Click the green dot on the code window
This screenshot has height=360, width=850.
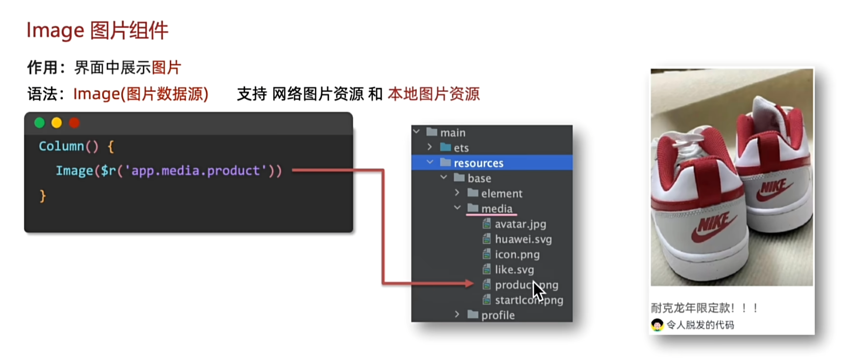(x=40, y=123)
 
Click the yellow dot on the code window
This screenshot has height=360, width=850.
(x=57, y=123)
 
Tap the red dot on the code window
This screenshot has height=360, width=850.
(x=74, y=123)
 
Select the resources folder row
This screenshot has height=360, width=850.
(x=478, y=163)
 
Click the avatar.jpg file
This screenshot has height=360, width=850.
(x=520, y=224)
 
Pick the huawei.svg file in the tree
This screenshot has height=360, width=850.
(x=523, y=239)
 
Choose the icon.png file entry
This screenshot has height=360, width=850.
(x=517, y=255)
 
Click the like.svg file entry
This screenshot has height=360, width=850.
(x=514, y=270)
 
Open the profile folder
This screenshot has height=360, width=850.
(x=497, y=315)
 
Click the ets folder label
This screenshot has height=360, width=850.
(x=461, y=148)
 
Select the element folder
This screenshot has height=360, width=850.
(x=501, y=194)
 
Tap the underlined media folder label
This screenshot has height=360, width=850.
(x=496, y=209)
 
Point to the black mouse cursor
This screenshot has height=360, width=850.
(x=538, y=290)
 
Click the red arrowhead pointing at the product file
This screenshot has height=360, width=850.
(x=469, y=284)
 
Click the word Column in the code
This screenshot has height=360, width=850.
(x=61, y=146)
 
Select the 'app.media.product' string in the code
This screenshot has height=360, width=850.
(x=196, y=171)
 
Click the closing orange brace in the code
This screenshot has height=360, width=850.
(x=43, y=196)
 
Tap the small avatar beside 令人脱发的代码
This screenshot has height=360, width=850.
(x=657, y=325)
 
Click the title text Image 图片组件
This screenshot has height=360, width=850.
(x=97, y=30)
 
